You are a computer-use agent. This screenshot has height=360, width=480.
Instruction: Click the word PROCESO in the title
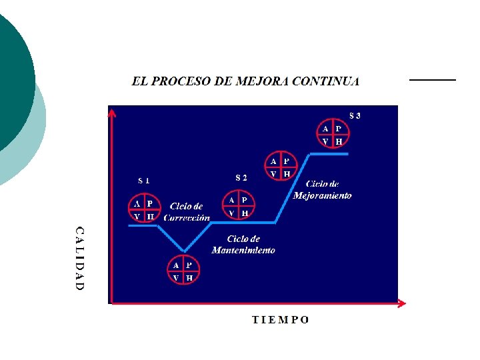point(180,81)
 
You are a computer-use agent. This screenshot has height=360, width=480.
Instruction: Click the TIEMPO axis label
point(280,319)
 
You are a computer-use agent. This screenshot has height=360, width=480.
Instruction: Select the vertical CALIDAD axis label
point(79,258)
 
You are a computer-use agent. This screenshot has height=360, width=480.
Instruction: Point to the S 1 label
point(144,180)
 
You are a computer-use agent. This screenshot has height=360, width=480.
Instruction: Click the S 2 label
point(241,177)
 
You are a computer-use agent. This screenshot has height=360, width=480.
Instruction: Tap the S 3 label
point(355,115)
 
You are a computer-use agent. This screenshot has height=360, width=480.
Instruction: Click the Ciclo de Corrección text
point(187,212)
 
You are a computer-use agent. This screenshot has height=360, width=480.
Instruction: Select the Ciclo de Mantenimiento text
point(243,245)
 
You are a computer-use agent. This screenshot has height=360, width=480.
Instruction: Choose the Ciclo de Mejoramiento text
point(323,190)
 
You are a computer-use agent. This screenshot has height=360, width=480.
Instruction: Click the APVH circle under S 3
point(332,135)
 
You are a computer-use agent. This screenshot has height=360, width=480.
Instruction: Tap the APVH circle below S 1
point(144,209)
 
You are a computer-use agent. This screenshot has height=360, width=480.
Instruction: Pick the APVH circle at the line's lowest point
point(182,271)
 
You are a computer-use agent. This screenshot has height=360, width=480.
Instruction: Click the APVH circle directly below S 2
point(238,206)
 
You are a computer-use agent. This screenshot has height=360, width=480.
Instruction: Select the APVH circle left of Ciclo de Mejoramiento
point(280,167)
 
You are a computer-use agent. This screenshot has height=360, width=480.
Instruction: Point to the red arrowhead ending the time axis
point(401,303)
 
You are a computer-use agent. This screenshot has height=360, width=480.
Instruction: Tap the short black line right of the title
point(432,79)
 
